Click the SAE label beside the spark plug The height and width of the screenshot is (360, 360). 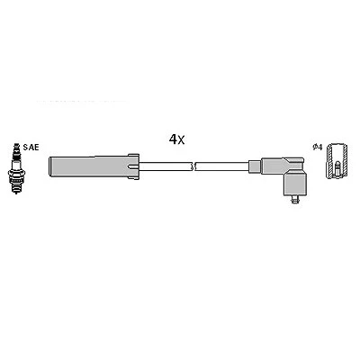pyautogui.click(x=31, y=148)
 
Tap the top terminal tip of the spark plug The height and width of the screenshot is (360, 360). pyautogui.click(x=16, y=145)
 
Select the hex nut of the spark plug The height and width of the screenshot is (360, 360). pyautogui.click(x=16, y=173)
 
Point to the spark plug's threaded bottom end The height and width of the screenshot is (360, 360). pyautogui.click(x=16, y=187)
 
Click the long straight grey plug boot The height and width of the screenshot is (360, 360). pyautogui.click(x=89, y=166)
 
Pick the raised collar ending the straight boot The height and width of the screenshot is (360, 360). pyautogui.click(x=133, y=166)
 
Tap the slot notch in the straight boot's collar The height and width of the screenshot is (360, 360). pyautogui.click(x=132, y=166)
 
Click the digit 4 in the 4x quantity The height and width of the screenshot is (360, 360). pyautogui.click(x=173, y=139)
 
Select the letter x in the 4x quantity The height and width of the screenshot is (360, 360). pyautogui.click(x=181, y=140)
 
